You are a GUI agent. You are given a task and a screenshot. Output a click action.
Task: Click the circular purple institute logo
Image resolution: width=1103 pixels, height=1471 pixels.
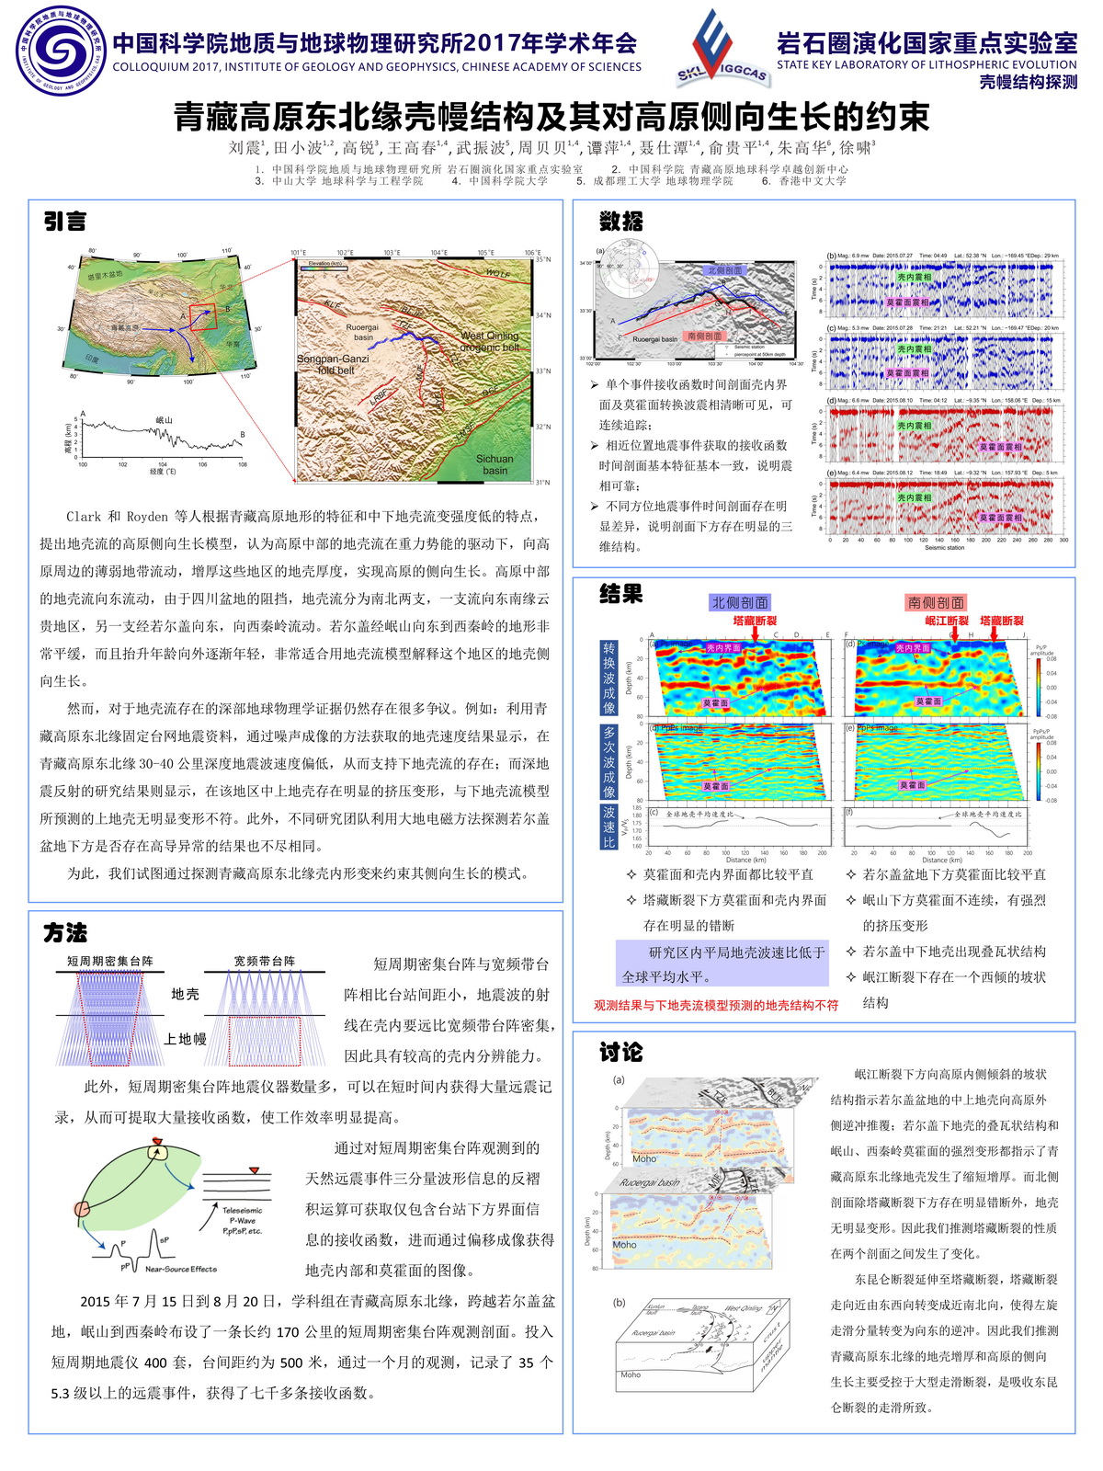pos(62,50)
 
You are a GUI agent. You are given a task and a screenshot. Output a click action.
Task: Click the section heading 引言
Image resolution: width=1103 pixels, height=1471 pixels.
pos(65,222)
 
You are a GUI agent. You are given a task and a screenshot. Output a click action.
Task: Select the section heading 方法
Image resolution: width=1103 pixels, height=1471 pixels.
pos(65,932)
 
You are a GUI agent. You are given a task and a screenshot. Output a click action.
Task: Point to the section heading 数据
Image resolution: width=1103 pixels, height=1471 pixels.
pos(620,222)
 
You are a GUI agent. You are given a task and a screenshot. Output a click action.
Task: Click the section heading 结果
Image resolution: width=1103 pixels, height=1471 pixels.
pos(620,595)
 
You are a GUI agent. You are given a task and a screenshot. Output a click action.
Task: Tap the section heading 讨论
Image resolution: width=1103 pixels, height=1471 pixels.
pos(620,1052)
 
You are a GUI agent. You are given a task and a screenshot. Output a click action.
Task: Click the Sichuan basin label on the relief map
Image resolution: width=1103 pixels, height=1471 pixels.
pos(495,464)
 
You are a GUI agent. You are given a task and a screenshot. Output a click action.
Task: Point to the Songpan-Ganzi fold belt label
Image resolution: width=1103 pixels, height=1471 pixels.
pos(332,364)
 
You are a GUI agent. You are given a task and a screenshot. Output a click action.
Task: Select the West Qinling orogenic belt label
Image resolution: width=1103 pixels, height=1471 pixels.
pos(490,341)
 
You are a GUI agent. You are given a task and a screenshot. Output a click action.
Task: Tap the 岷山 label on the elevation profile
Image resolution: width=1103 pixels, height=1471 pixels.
pos(164,420)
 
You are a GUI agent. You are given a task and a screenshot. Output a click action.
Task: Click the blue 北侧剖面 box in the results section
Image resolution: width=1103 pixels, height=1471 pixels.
pos(740,602)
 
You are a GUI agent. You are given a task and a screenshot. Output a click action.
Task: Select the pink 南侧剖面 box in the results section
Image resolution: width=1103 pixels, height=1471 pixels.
pos(936,602)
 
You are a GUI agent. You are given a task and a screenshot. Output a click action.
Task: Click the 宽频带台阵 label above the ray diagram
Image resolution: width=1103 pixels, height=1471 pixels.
pos(265,961)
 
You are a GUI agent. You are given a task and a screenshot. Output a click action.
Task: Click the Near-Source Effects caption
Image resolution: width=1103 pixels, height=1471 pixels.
pos(180,1269)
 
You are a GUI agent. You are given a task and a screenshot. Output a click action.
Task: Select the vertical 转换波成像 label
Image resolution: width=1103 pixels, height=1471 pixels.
pos(608,678)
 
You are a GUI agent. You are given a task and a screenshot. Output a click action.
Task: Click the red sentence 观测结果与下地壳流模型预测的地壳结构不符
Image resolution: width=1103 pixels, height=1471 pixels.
pos(716,1005)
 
